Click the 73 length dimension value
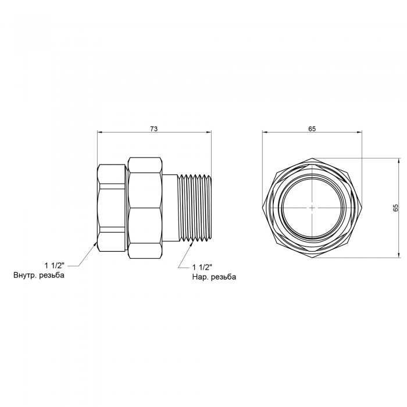tap(154, 128)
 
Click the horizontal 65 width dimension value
tap(312, 128)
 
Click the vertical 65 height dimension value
tap(395, 208)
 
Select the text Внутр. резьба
tap(39, 275)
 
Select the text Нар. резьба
tap(214, 277)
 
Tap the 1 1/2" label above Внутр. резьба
tap(54, 266)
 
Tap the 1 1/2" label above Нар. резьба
tap(202, 267)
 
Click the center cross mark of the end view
tap(312, 208)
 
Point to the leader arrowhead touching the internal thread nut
tap(95, 242)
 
